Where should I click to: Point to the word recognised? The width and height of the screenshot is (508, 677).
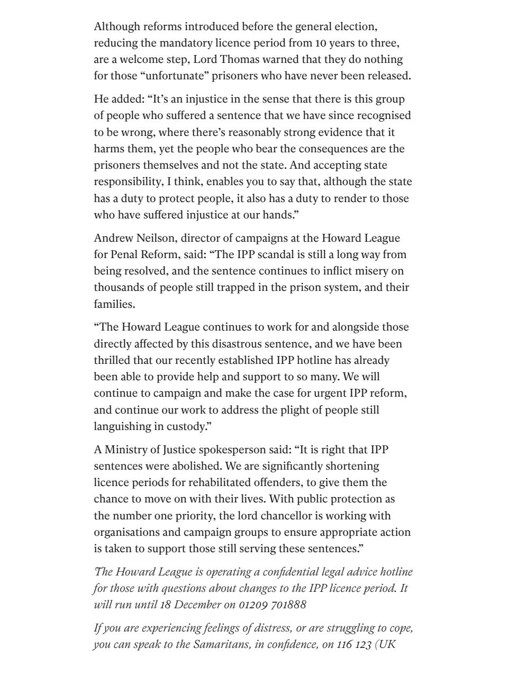[x=384, y=115]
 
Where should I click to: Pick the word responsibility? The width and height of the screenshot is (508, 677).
[x=128, y=182]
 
